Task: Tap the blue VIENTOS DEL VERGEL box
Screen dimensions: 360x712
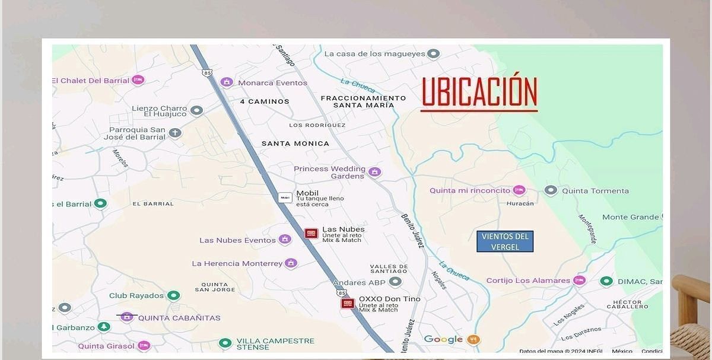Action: (x=505, y=241)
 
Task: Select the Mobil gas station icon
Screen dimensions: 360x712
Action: (x=285, y=197)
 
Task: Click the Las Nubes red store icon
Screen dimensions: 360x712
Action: (x=311, y=233)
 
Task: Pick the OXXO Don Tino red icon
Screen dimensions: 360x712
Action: (x=348, y=303)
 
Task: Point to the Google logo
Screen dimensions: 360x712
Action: (x=443, y=339)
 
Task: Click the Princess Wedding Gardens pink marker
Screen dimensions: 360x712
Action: (x=374, y=172)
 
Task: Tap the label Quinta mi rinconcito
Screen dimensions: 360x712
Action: (x=470, y=190)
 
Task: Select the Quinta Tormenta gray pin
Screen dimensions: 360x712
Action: (x=551, y=190)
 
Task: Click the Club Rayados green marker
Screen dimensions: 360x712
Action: (x=173, y=295)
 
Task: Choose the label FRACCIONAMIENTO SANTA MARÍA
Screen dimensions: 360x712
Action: (x=363, y=101)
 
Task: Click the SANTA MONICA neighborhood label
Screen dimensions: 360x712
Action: (x=295, y=144)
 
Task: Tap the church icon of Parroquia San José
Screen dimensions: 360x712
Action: (x=174, y=133)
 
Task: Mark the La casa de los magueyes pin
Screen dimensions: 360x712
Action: (x=434, y=54)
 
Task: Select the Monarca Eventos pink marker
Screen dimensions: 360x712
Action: (x=227, y=82)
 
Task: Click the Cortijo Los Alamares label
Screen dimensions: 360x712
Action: (x=528, y=281)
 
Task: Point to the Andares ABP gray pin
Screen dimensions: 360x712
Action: (x=395, y=282)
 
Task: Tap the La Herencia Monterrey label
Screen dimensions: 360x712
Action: (x=237, y=263)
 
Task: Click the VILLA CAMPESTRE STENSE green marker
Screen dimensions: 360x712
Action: (x=225, y=343)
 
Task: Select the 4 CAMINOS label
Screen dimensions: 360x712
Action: (x=265, y=101)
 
